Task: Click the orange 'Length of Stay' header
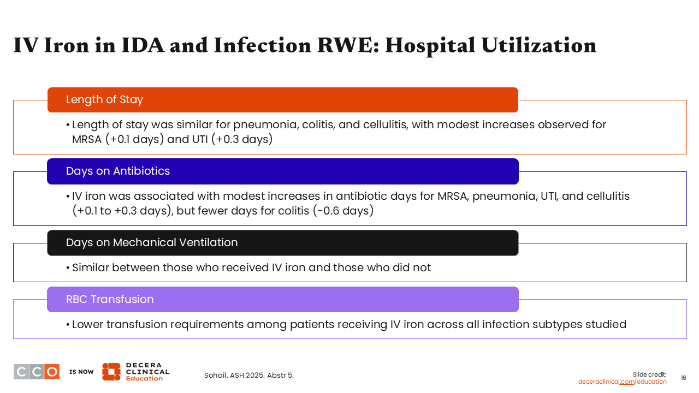(x=283, y=100)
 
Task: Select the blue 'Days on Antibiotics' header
(x=283, y=171)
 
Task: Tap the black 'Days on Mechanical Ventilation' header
(x=283, y=243)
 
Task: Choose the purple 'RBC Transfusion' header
(x=283, y=300)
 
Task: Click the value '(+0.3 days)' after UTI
(x=242, y=139)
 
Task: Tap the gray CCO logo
(x=37, y=372)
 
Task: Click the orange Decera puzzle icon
(x=111, y=372)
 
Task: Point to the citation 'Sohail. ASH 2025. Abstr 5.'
(x=248, y=375)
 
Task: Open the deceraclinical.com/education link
(x=622, y=382)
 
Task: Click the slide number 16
(x=683, y=378)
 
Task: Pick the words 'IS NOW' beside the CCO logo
(x=81, y=372)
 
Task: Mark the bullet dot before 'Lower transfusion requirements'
(x=68, y=325)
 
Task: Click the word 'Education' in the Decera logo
(x=144, y=378)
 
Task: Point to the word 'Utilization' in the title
(x=539, y=45)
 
